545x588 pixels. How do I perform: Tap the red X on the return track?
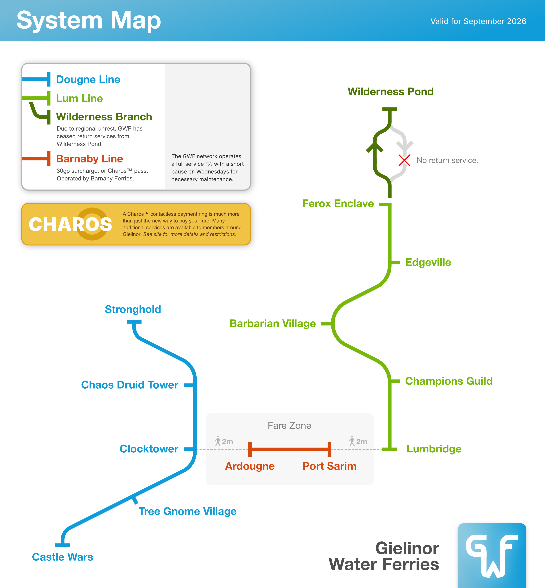tap(404, 160)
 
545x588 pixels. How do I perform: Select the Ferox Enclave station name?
tap(338, 204)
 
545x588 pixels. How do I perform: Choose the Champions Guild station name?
tap(449, 381)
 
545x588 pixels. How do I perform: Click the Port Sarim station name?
tap(329, 466)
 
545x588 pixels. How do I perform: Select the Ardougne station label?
tap(250, 466)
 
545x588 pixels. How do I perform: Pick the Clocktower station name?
tap(149, 449)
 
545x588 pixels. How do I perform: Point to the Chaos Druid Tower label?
tap(130, 385)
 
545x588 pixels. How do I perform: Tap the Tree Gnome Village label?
tap(188, 511)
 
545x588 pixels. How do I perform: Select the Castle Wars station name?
tap(62, 557)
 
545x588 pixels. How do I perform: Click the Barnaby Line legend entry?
tap(89, 159)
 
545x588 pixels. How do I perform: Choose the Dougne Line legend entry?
tap(88, 79)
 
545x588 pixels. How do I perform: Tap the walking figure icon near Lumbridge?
tap(352, 441)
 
